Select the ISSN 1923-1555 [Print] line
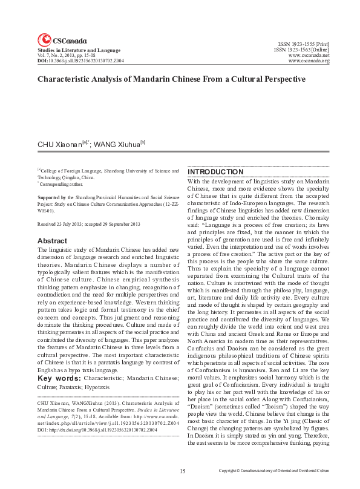(x=303, y=44)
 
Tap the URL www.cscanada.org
(x=309, y=61)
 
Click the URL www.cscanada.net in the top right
(x=309, y=55)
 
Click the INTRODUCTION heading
(x=215, y=172)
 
